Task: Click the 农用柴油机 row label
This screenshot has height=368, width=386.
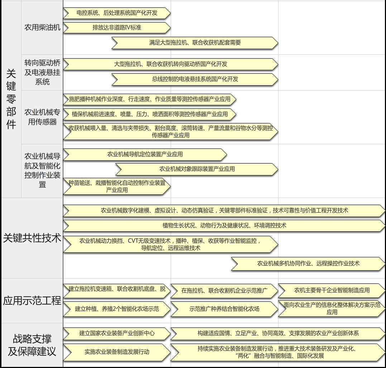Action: pos(42,27)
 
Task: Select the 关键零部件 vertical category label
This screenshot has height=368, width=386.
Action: pos(11,99)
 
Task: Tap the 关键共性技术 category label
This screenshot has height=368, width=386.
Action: pos(32,238)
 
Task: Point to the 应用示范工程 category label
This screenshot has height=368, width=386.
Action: pos(32,300)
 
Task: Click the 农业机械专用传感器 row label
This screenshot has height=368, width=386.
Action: pos(42,117)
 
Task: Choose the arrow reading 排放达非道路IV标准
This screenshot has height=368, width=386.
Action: pos(117,28)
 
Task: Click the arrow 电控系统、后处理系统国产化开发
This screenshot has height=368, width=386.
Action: pos(117,13)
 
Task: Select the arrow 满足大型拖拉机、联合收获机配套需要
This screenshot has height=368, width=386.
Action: pos(195,43)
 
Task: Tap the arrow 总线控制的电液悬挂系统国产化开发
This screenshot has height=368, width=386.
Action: pos(195,79)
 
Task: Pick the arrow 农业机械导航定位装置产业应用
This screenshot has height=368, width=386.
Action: pos(145,154)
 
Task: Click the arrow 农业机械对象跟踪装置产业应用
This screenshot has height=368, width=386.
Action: pos(197,169)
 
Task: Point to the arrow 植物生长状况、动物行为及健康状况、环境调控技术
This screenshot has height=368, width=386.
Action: pos(224,226)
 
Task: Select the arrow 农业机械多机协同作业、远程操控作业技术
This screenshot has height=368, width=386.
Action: pos(308,264)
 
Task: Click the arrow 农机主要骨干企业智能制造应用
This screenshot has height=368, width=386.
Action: pos(332,290)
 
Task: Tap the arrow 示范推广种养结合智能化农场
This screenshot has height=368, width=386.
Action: pos(224,309)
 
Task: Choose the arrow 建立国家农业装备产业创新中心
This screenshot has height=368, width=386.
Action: pos(117,334)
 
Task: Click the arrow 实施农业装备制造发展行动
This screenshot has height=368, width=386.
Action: pos(117,352)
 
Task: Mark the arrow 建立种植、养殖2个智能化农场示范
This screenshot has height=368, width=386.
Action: pos(117,309)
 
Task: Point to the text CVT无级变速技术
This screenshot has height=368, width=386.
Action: pos(149,241)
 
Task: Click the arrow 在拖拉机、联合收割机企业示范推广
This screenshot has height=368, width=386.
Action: pos(224,291)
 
